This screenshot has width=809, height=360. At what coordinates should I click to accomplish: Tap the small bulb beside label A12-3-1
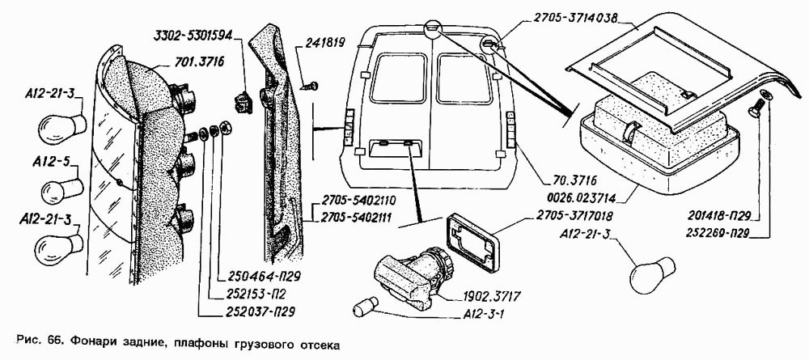click(366, 307)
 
